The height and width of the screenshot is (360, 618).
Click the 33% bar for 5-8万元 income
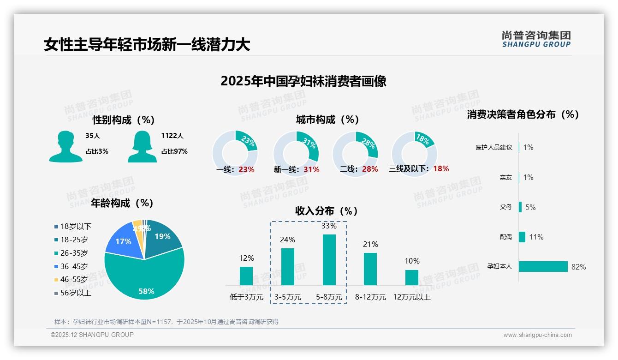click(x=329, y=260)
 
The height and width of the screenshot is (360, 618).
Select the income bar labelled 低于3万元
click(x=246, y=276)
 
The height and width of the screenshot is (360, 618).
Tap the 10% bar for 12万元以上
click(x=411, y=277)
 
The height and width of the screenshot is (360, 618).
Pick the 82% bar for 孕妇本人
click(x=543, y=267)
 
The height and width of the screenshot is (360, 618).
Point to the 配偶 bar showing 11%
click(x=522, y=237)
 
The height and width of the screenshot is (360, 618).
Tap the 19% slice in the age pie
click(x=162, y=235)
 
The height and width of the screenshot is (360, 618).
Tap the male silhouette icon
click(x=65, y=147)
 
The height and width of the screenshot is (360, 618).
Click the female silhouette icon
click(x=142, y=147)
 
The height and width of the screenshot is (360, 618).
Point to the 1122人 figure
click(x=172, y=136)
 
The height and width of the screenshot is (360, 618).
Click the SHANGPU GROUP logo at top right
click(x=536, y=39)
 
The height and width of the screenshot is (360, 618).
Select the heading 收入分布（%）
click(x=327, y=211)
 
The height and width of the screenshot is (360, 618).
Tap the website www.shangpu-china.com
click(x=537, y=335)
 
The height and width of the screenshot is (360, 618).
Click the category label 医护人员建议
click(x=493, y=148)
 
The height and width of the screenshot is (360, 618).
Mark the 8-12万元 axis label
click(x=370, y=297)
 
